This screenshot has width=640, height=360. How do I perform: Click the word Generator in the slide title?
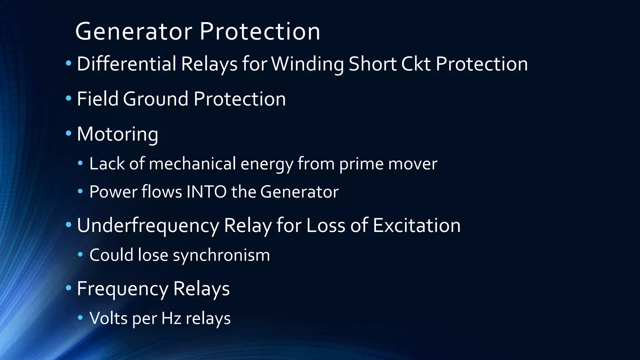pos(134,32)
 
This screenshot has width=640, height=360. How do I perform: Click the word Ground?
pos(156,99)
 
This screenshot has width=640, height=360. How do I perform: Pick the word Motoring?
pos(117,135)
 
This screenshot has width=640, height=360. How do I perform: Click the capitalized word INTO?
pos(206,192)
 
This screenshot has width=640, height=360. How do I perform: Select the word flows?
pos(162,192)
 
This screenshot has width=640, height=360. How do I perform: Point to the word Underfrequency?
pos(148,226)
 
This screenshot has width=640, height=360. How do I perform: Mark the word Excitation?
pos(417,225)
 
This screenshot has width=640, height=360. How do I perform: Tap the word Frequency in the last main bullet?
pos(122,289)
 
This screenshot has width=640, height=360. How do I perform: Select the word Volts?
pos(108,318)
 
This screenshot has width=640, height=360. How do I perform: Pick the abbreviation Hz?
pos(171,318)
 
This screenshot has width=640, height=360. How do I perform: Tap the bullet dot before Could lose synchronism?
pos(81,255)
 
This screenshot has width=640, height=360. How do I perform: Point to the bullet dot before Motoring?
pos(68,134)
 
